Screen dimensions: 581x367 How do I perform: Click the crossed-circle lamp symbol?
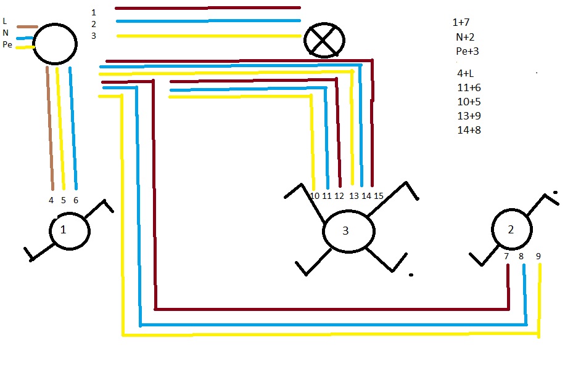click(x=324, y=41)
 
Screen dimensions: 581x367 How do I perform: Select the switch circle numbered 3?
click(x=348, y=232)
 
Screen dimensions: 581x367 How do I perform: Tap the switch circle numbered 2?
click(x=512, y=229)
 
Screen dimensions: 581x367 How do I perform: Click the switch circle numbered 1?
click(x=70, y=230)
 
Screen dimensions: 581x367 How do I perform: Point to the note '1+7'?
click(x=461, y=23)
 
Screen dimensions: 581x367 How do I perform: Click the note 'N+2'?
click(x=465, y=37)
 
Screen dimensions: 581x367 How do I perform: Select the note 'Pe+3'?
click(x=468, y=51)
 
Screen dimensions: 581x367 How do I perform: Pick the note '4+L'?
click(x=466, y=73)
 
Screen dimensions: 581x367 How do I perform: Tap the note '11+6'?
click(x=469, y=87)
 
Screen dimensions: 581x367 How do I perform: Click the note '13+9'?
click(x=469, y=116)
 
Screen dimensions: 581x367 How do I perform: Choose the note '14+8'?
click(x=469, y=130)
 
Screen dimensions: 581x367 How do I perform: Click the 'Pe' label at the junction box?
click(x=7, y=44)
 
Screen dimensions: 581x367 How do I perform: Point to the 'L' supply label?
click(x=5, y=22)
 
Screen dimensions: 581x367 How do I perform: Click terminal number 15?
click(x=378, y=196)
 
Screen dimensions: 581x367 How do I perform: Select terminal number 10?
click(x=315, y=196)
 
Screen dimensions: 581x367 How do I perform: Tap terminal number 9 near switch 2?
click(x=538, y=256)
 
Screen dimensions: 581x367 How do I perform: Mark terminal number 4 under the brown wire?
click(x=51, y=200)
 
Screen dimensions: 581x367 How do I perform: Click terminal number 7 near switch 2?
click(x=506, y=256)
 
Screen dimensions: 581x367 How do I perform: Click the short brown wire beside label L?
click(x=27, y=26)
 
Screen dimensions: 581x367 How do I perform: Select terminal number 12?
click(x=339, y=196)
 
